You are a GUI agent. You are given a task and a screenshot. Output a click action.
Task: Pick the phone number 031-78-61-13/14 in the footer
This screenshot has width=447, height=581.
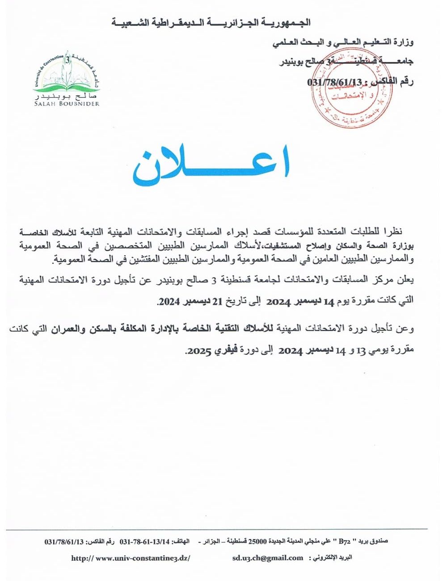point(145,541)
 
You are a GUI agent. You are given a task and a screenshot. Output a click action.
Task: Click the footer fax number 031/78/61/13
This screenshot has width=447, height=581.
point(64,541)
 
